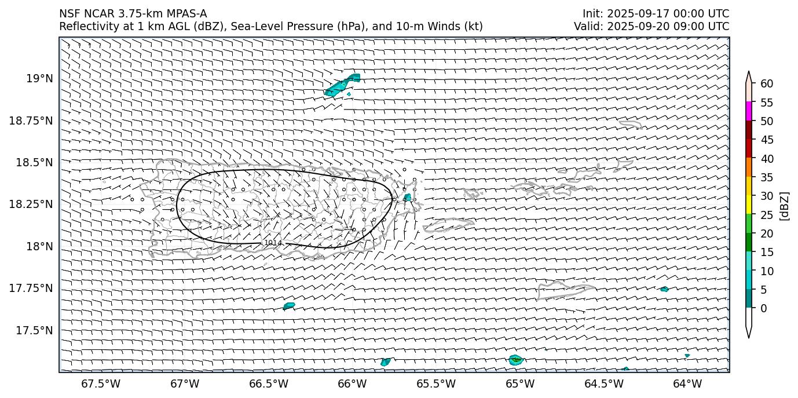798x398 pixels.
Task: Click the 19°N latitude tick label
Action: pos(41,78)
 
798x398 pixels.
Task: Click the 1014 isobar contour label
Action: pos(272,243)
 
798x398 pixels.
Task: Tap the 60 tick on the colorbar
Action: pos(767,84)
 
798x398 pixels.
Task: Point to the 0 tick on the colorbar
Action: pos(764,308)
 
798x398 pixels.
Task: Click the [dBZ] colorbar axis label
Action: pos(785,206)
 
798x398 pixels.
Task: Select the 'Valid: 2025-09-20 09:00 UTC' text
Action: pos(651,26)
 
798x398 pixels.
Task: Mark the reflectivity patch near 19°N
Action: pos(343,85)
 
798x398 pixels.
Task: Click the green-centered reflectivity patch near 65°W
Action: pos(515,360)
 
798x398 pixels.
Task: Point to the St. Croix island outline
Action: pos(565,288)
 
